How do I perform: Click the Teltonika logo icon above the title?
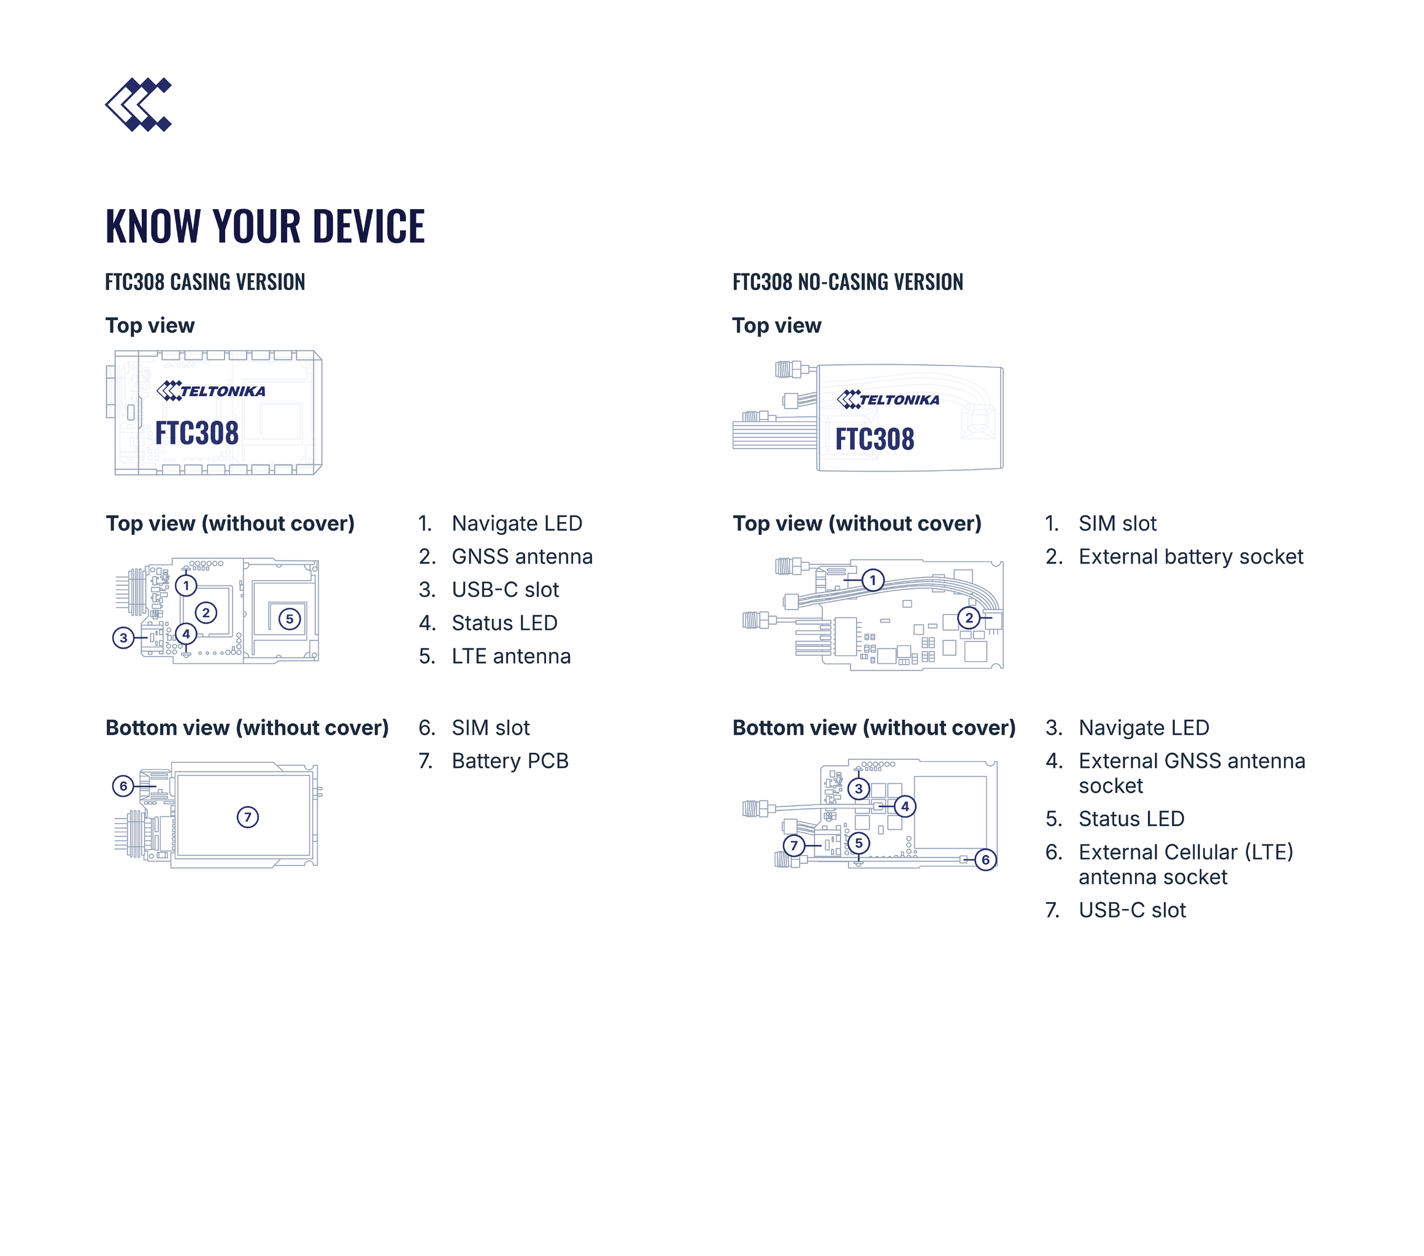[x=138, y=104]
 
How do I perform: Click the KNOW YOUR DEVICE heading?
[x=264, y=226]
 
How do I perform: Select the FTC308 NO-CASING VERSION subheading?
[x=847, y=282]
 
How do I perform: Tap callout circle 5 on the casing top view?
[x=290, y=619]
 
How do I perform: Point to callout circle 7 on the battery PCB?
[x=247, y=817]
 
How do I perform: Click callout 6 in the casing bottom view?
[x=123, y=786]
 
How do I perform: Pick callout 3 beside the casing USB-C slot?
[x=123, y=638]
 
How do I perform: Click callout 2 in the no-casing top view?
[x=969, y=618]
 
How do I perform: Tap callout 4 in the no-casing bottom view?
[x=905, y=806]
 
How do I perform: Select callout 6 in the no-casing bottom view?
[x=985, y=860]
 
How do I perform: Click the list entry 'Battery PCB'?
[x=510, y=761]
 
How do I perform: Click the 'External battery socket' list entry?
[x=1191, y=557]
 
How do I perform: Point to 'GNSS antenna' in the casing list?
[x=522, y=557]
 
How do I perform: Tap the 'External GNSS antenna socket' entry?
[x=1192, y=773]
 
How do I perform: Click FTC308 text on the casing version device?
[x=196, y=433]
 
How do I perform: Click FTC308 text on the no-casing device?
[x=874, y=439]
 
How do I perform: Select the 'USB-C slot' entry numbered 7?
[x=1132, y=910]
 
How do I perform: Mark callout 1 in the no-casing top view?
[x=873, y=580]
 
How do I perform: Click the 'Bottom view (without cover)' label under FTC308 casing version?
[x=247, y=727]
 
